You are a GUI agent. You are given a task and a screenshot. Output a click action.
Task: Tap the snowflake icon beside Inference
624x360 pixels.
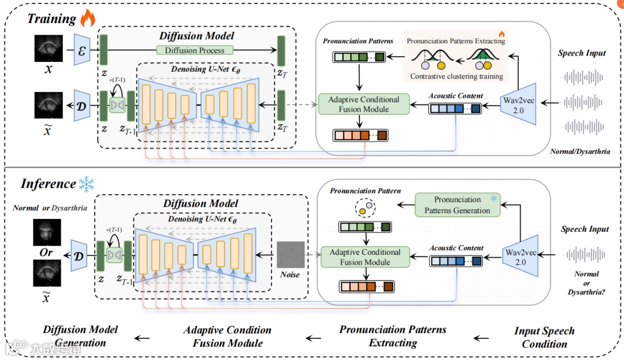[86, 184]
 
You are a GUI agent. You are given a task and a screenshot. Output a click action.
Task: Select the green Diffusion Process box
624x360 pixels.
[195, 50]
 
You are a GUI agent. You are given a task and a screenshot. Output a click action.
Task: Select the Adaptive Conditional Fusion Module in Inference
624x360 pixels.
[365, 257]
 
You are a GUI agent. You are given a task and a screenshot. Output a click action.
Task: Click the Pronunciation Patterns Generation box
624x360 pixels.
[457, 205]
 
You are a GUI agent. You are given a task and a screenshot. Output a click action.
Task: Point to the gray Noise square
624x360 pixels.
[290, 254]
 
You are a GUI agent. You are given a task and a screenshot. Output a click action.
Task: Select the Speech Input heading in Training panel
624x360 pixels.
[581, 53]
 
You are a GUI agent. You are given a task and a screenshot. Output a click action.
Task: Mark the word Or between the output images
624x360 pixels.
[46, 253]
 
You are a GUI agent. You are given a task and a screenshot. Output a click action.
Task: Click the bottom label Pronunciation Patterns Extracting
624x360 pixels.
[393, 336]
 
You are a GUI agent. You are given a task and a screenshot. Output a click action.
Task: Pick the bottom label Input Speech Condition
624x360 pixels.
[544, 337]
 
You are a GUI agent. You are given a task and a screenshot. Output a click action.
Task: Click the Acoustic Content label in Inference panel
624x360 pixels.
[456, 248]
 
